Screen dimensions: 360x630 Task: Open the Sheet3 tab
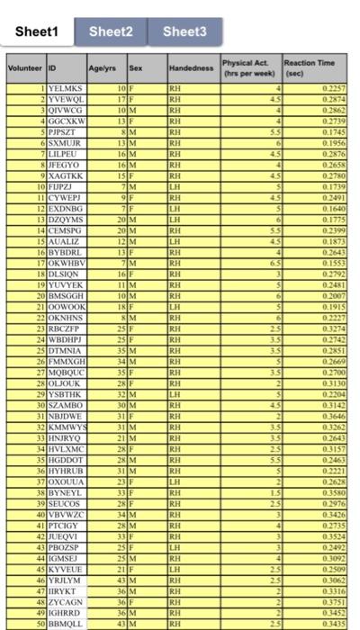click(184, 32)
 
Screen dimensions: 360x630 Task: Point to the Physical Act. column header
click(247, 67)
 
